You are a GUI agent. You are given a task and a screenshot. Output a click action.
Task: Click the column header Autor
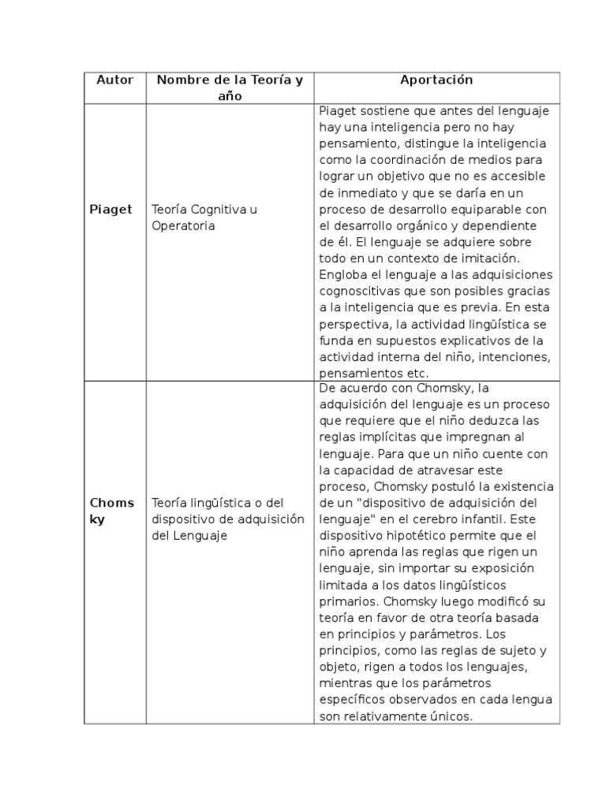pos(114,80)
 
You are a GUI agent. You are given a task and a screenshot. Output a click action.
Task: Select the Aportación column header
pos(436,80)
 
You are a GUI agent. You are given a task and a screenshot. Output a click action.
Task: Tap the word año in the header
pos(230,96)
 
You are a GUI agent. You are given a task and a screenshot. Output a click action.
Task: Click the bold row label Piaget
pos(110,210)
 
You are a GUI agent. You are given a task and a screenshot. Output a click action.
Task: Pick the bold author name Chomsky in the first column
pos(111,511)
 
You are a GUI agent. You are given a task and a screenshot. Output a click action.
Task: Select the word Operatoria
pos(183,226)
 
